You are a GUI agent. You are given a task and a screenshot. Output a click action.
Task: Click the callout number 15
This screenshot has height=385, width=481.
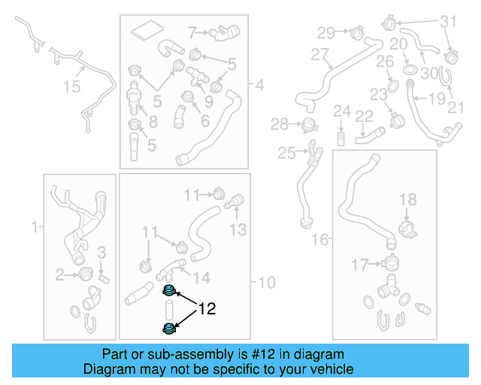point(71,87)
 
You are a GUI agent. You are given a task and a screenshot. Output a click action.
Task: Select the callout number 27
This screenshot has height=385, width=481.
point(320,54)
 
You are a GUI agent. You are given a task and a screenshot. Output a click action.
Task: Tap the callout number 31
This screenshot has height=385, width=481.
point(447,22)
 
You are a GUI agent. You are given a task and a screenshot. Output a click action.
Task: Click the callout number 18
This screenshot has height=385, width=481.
point(407,199)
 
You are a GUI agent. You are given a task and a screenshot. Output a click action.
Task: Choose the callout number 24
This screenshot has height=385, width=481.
point(342,112)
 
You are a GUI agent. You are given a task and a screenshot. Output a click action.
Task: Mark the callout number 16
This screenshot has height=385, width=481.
point(320,240)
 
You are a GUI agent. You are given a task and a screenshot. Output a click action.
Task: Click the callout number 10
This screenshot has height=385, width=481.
point(267,283)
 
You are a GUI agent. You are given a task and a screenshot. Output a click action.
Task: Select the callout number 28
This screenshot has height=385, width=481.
point(280,124)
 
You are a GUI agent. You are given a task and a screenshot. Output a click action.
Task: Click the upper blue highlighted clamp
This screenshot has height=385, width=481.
point(170,292)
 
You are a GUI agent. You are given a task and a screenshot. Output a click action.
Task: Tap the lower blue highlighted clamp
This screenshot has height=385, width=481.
point(170,328)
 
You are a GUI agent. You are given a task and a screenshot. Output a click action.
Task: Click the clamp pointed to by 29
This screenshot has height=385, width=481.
point(357,32)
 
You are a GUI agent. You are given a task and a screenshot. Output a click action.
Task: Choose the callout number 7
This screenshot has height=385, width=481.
point(192,32)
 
